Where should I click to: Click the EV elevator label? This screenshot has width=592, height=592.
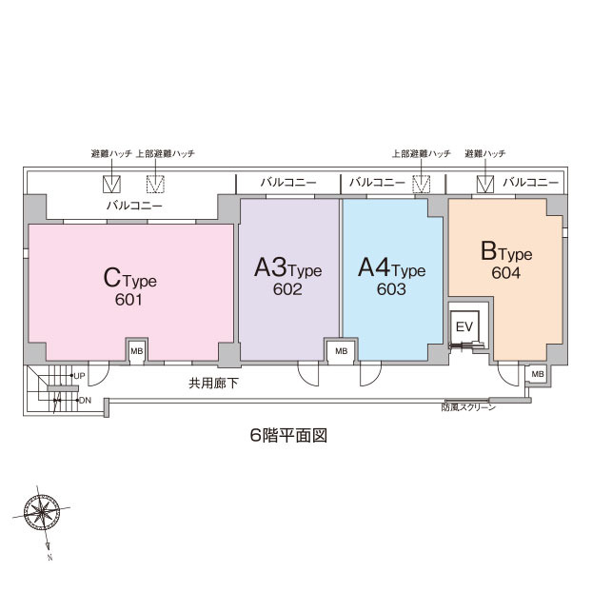pyautogui.click(x=464, y=326)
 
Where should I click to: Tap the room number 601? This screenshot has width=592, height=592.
pyautogui.click(x=128, y=300)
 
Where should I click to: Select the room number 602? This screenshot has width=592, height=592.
pyautogui.click(x=287, y=289)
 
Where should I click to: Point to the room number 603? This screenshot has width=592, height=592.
pyautogui.click(x=391, y=289)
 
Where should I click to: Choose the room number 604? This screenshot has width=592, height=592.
pyautogui.click(x=506, y=272)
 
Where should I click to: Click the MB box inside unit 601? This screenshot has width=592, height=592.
pyautogui.click(x=137, y=351)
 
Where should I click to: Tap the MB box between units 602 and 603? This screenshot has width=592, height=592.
pyautogui.click(x=342, y=351)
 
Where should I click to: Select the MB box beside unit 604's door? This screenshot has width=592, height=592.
pyautogui.click(x=538, y=374)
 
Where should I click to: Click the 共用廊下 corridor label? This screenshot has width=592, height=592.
pyautogui.click(x=213, y=384)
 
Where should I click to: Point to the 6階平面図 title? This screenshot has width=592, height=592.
pyautogui.click(x=288, y=435)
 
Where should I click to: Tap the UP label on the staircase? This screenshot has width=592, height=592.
pyautogui.click(x=79, y=376)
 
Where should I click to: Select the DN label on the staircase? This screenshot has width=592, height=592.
pyautogui.click(x=85, y=400)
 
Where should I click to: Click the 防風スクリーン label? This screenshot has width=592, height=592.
pyautogui.click(x=468, y=407)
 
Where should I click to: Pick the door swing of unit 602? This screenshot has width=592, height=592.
pyautogui.click(x=308, y=374)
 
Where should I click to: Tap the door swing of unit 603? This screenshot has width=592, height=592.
pyautogui.click(x=369, y=374)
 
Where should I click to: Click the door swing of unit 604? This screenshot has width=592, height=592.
pyautogui.click(x=509, y=374)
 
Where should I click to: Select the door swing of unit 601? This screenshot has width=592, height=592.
pyautogui.click(x=99, y=374)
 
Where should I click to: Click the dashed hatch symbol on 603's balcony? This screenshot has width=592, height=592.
pyautogui.click(x=421, y=184)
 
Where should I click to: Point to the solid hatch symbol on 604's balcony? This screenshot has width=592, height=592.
pyautogui.click(x=485, y=184)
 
